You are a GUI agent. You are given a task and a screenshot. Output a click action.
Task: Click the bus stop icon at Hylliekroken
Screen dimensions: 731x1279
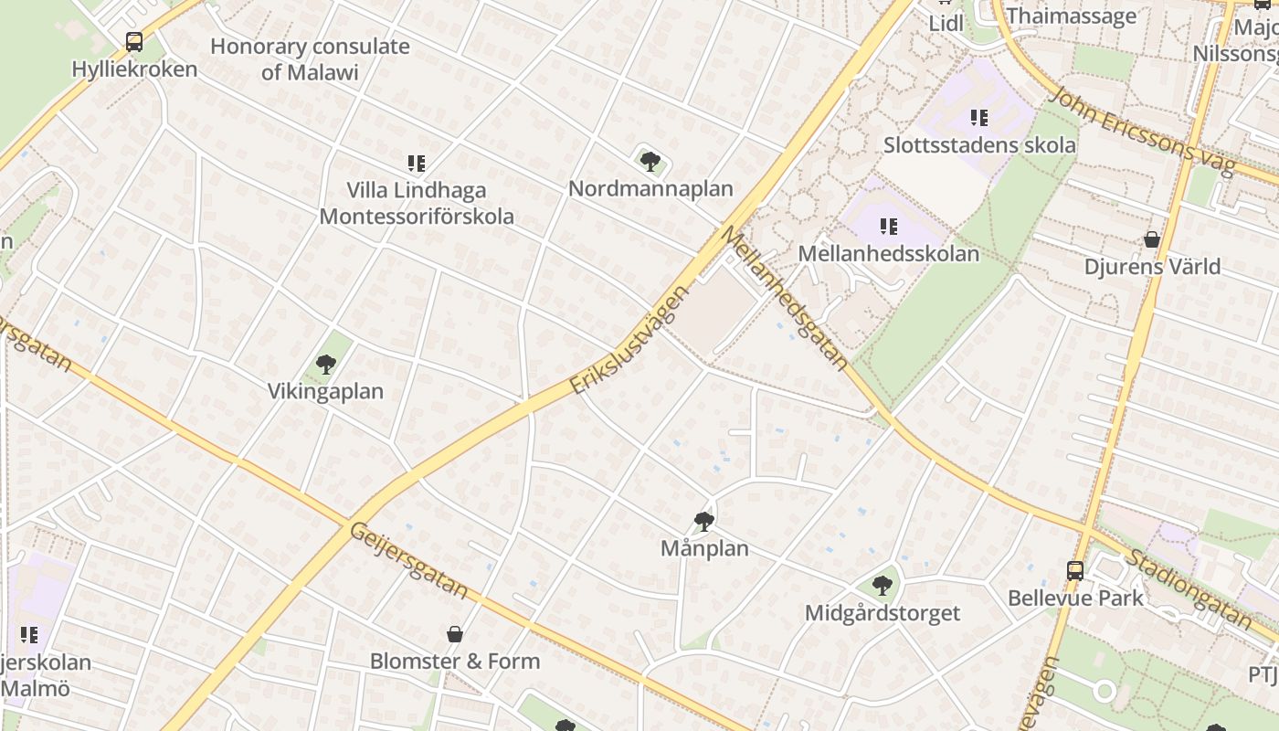pyautogui.click(x=134, y=41)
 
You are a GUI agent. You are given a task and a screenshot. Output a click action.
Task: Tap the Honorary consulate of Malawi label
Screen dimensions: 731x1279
pyautogui.click(x=310, y=59)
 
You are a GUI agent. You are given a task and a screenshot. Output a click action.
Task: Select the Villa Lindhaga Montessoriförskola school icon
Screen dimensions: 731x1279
pyautogui.click(x=417, y=164)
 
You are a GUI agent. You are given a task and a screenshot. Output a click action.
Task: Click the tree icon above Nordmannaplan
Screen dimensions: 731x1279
pyautogui.click(x=650, y=162)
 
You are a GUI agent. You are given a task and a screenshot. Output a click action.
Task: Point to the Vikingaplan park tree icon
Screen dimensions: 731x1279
pyautogui.click(x=326, y=365)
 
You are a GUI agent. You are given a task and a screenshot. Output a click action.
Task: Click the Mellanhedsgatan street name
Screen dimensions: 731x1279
pyautogui.click(x=785, y=298)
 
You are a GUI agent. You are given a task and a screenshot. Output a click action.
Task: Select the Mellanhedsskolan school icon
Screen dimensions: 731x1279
pyautogui.click(x=888, y=226)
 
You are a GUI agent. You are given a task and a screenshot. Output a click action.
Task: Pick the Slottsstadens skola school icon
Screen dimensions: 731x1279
pyautogui.click(x=979, y=118)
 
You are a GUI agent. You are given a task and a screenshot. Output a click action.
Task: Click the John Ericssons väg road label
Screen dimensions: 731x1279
pyautogui.click(x=1141, y=131)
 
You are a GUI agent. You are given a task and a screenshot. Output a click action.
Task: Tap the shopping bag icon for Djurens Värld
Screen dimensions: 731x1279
pyautogui.click(x=1152, y=239)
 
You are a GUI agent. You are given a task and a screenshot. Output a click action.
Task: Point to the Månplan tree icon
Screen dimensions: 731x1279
pyautogui.click(x=703, y=522)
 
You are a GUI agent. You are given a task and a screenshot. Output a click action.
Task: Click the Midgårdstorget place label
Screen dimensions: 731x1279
pyautogui.click(x=882, y=613)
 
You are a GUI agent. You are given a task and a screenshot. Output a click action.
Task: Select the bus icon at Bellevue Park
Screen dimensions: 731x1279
pyautogui.click(x=1075, y=571)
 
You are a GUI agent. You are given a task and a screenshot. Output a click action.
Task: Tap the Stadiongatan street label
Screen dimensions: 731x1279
pyautogui.click(x=1188, y=589)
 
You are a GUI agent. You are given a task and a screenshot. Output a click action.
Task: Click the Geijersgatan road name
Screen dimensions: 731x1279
pyautogui.click(x=409, y=561)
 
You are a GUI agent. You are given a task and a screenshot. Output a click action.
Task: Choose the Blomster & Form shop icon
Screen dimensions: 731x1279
pyautogui.click(x=454, y=634)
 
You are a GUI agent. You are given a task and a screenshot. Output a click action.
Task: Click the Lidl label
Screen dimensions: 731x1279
pyautogui.click(x=946, y=24)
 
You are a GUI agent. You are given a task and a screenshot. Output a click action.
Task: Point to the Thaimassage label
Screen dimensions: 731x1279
pyautogui.click(x=1071, y=16)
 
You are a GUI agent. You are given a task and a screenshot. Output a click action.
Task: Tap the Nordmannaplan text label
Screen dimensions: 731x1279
pyautogui.click(x=650, y=189)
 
